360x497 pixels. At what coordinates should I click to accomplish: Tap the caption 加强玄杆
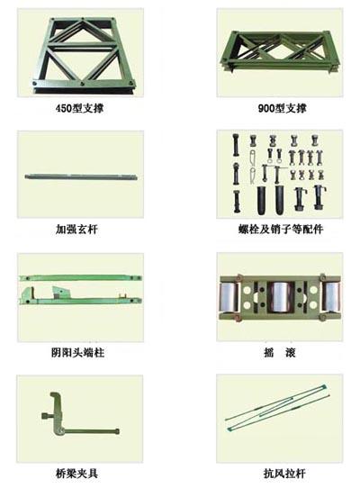(80, 230)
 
